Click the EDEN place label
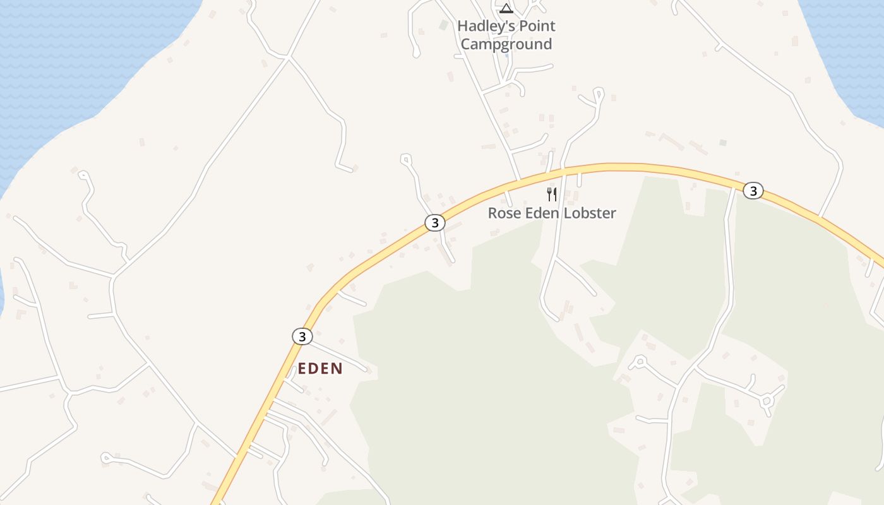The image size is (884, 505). click(320, 369)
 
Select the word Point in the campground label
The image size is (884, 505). click(534, 27)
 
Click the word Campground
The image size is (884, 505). click(506, 44)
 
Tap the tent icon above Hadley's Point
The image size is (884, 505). click(506, 8)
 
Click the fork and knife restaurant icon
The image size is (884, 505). click(552, 194)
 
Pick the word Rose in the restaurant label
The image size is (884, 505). click(503, 213)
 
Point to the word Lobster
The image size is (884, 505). click(591, 213)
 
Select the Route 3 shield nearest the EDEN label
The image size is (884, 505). click(302, 336)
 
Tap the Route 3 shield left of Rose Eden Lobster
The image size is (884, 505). click(434, 223)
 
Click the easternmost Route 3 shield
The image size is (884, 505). click(753, 190)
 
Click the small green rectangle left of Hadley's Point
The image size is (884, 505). click(444, 25)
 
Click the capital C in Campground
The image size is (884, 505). click(466, 44)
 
